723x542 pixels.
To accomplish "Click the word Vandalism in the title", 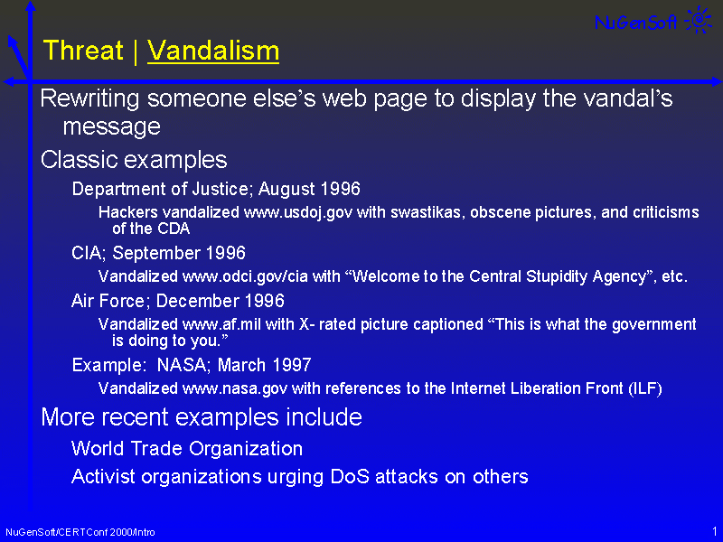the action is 213,51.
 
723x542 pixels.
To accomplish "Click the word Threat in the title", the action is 83,51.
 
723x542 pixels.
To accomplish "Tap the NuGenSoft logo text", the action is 636,22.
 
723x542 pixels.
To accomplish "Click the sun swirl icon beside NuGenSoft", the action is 699,20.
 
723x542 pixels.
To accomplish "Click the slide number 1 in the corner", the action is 715,531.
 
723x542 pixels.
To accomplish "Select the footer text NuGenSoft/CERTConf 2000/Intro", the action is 80,532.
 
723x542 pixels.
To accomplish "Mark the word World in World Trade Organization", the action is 98,448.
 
